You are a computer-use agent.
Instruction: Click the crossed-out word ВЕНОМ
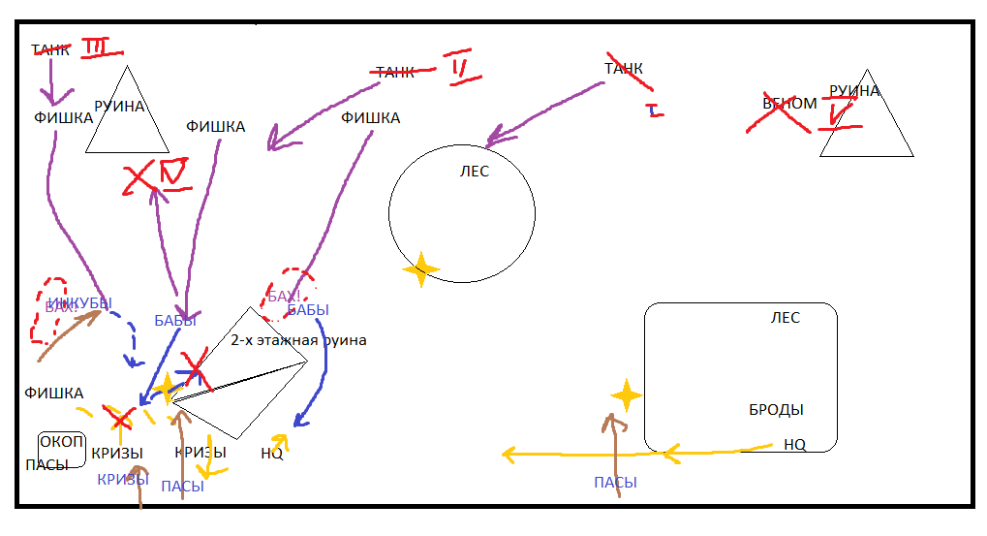pyautogui.click(x=789, y=104)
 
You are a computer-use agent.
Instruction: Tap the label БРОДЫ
pyautogui.click(x=776, y=410)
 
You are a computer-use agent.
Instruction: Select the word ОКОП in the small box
pyautogui.click(x=61, y=442)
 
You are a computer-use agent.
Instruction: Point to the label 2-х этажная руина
pyautogui.click(x=298, y=341)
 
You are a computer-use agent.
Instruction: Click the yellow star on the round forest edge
pyautogui.click(x=420, y=269)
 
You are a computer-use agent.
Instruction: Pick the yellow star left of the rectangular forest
pyautogui.click(x=627, y=394)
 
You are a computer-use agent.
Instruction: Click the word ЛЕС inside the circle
pyautogui.click(x=474, y=172)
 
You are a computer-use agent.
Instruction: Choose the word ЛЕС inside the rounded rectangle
pyautogui.click(x=786, y=318)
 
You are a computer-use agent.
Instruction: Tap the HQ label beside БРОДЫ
pyautogui.click(x=795, y=444)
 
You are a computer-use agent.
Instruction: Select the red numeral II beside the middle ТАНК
pyautogui.click(x=461, y=69)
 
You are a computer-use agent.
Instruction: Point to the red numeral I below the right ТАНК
pyautogui.click(x=656, y=112)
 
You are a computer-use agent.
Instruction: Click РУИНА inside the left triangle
pyautogui.click(x=119, y=107)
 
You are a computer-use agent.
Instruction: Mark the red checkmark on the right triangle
pyautogui.click(x=842, y=116)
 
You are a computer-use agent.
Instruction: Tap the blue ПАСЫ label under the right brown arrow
pyautogui.click(x=615, y=482)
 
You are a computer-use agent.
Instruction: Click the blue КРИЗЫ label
pyautogui.click(x=122, y=479)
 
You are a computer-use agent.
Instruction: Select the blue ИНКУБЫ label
pyautogui.click(x=81, y=304)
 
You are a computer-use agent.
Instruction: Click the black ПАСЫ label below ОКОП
pyautogui.click(x=46, y=464)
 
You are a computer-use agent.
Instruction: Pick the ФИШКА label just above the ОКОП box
pyautogui.click(x=53, y=394)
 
